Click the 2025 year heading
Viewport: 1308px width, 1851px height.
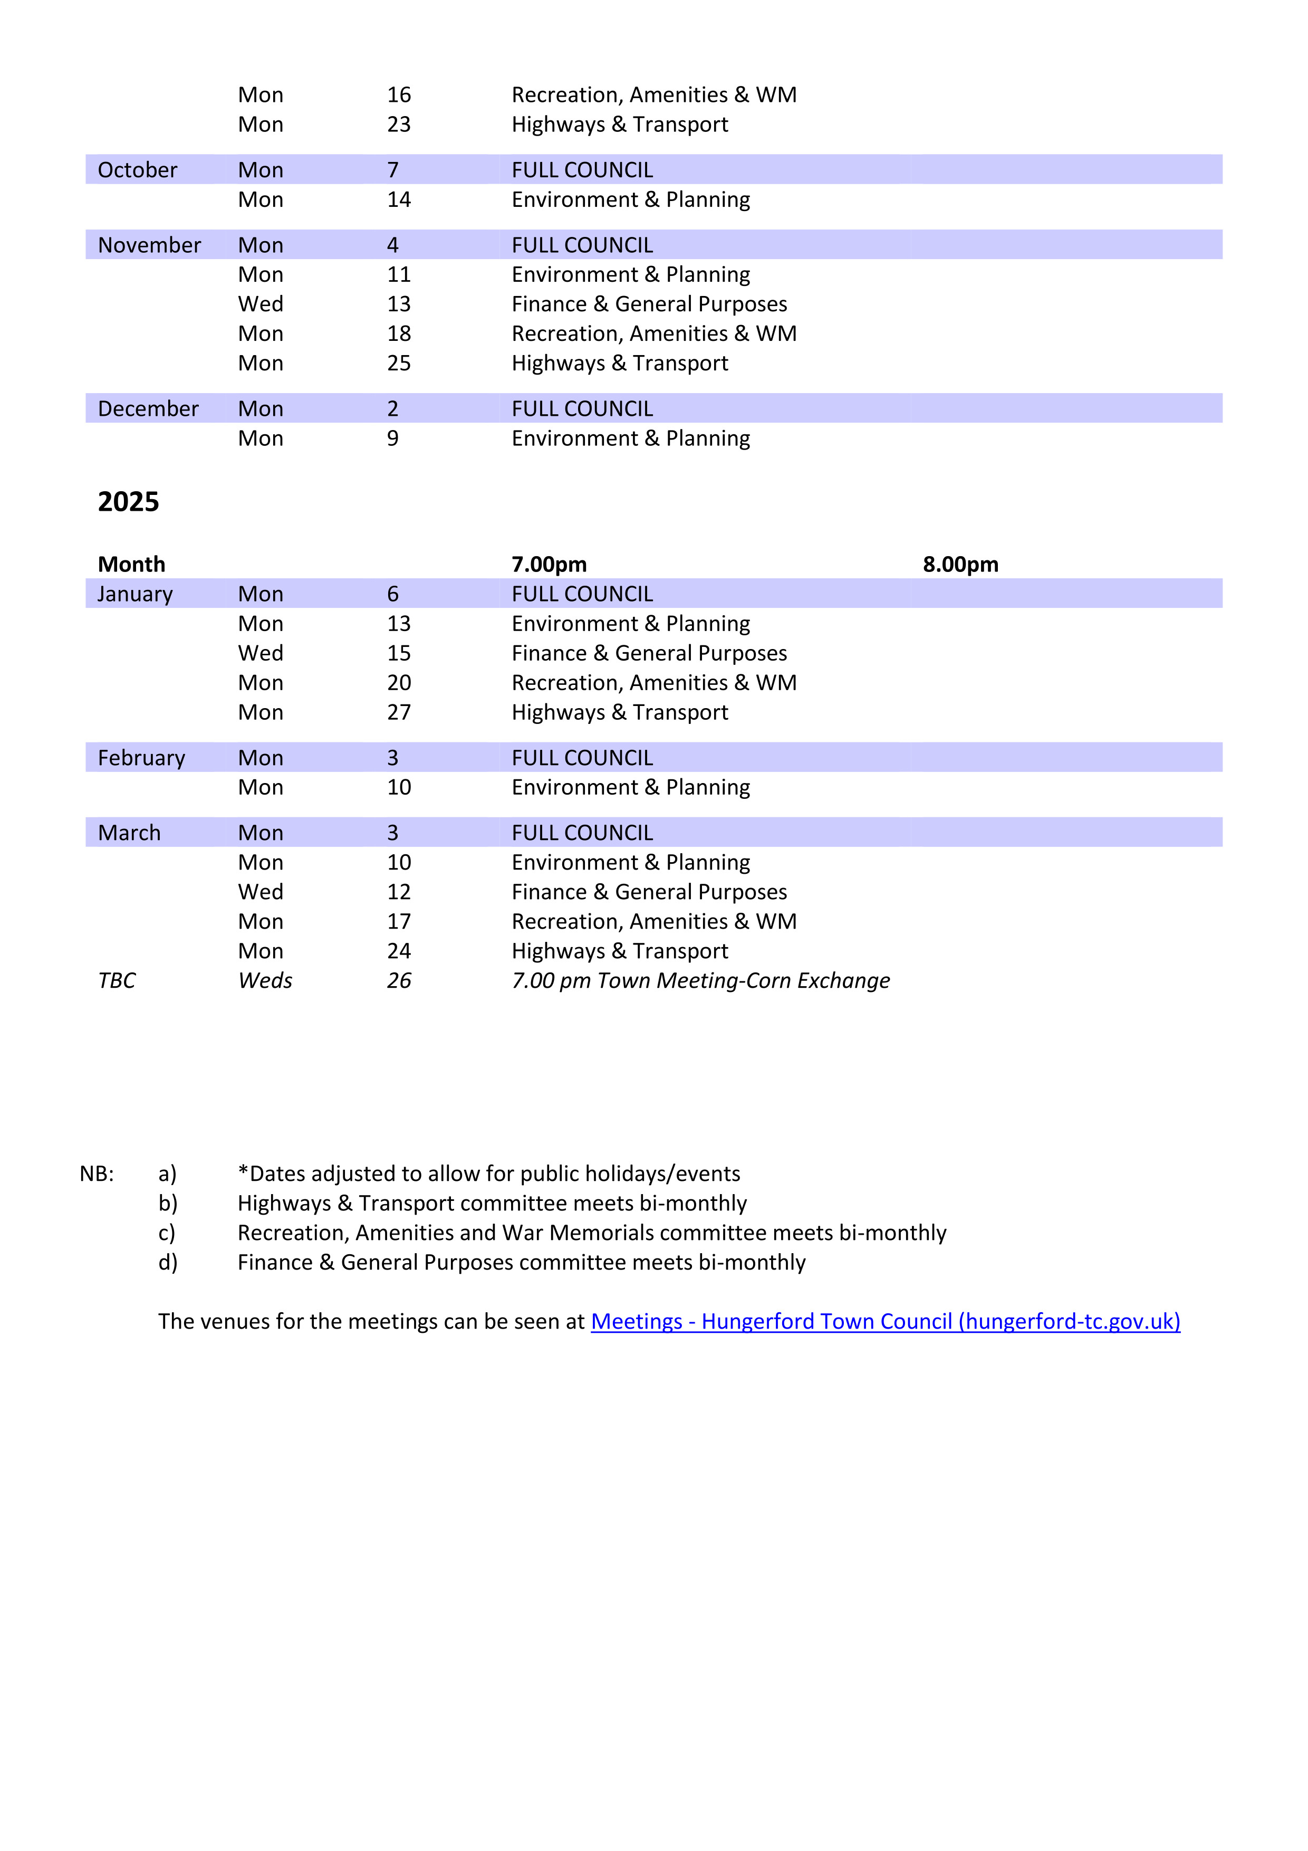(128, 502)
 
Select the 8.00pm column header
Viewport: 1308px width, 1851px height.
(960, 565)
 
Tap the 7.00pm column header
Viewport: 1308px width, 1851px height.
(549, 565)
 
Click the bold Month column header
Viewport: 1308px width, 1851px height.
(131, 565)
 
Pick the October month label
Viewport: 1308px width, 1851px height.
(137, 170)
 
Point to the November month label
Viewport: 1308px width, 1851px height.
(149, 245)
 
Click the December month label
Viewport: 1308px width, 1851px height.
(148, 409)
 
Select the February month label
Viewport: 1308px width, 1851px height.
(141, 758)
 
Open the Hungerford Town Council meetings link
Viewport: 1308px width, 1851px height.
(885, 1321)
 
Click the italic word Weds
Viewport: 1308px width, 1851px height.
(265, 980)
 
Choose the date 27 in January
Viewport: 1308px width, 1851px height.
(398, 713)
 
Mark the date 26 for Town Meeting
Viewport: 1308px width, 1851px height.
(398, 980)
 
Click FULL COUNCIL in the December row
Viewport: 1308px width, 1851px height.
(582, 409)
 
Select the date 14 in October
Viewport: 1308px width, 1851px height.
(398, 200)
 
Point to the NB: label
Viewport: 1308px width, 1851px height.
(97, 1174)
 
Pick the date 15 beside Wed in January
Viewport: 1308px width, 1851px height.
(398, 653)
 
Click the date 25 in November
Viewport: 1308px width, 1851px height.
(398, 364)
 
